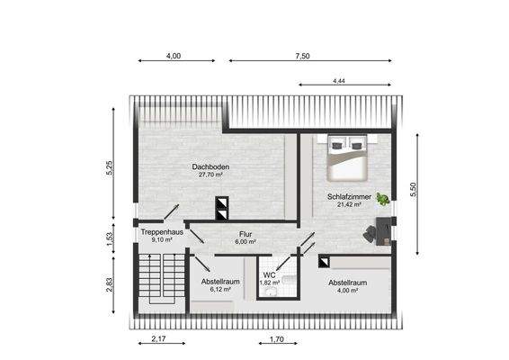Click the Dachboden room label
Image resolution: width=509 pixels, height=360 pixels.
[210, 166]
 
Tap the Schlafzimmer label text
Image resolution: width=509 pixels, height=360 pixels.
[344, 195]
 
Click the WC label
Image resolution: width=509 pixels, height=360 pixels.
[269, 274]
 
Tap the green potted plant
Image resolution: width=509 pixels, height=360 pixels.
[383, 199]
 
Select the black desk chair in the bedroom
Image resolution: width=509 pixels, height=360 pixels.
[371, 233]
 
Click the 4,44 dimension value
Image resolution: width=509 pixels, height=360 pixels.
[339, 81]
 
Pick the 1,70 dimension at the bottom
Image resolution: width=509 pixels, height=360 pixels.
[277, 340]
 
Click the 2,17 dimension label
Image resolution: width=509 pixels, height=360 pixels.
[158, 340]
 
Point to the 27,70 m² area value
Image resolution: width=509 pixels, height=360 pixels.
[210, 175]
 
